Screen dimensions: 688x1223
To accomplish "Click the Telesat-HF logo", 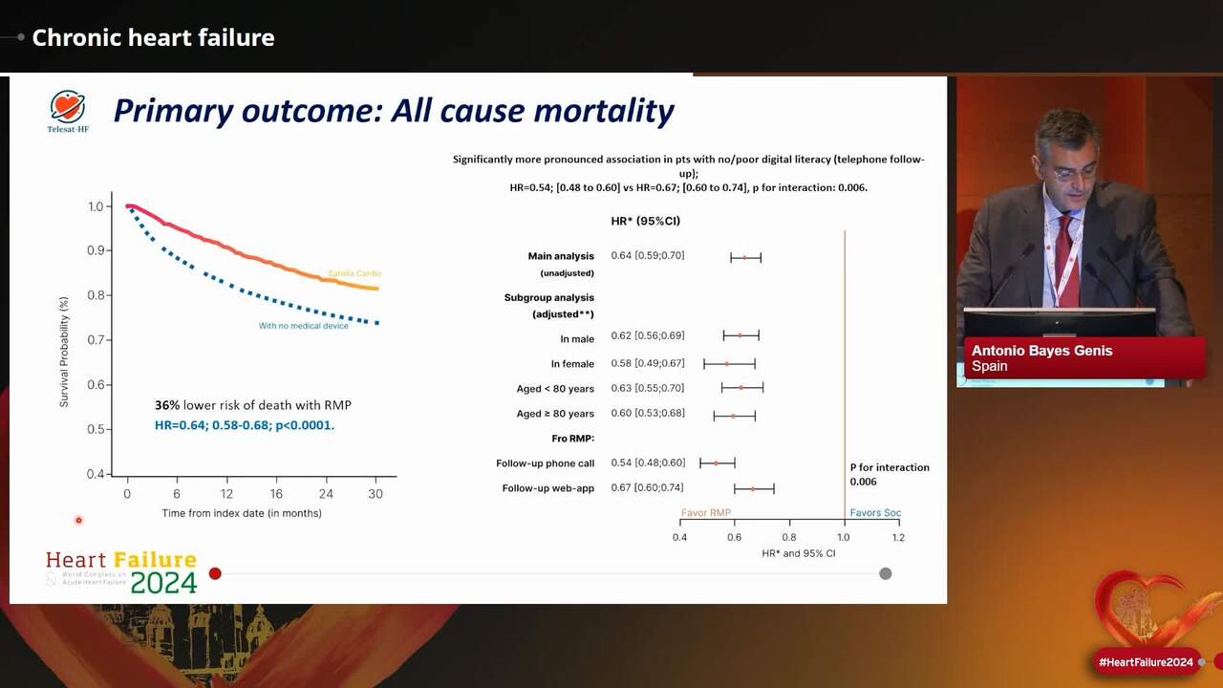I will tap(68, 111).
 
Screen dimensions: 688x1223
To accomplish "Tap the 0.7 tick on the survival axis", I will tap(96, 339).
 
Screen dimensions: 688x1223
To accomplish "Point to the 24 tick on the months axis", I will tap(326, 494).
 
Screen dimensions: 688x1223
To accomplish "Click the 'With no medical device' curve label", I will tap(304, 326).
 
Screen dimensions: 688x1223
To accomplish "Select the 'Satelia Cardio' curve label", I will tap(354, 274).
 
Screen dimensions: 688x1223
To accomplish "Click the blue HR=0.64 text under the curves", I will tap(245, 425).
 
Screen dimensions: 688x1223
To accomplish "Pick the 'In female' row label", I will tap(572, 364).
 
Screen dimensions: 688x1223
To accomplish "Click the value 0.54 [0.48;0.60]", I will tap(648, 463).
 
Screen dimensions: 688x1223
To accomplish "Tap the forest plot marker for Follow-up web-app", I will tap(753, 488).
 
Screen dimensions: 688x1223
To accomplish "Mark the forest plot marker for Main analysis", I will tap(744, 257).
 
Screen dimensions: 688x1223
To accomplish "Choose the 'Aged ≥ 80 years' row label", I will tap(555, 414).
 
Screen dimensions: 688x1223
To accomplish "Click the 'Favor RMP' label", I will tap(706, 513).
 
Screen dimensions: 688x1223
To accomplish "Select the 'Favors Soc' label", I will tap(875, 513).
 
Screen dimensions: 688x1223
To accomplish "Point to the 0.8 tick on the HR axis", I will tap(789, 537).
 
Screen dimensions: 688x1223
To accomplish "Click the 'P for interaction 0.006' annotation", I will tap(890, 475).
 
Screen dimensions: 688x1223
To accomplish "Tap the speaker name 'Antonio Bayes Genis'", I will tap(1041, 351).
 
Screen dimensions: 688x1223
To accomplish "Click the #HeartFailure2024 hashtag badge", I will tap(1146, 662).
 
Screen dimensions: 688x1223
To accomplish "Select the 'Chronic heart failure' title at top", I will tap(153, 38).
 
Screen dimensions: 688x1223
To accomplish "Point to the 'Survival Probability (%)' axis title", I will tap(65, 351).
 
